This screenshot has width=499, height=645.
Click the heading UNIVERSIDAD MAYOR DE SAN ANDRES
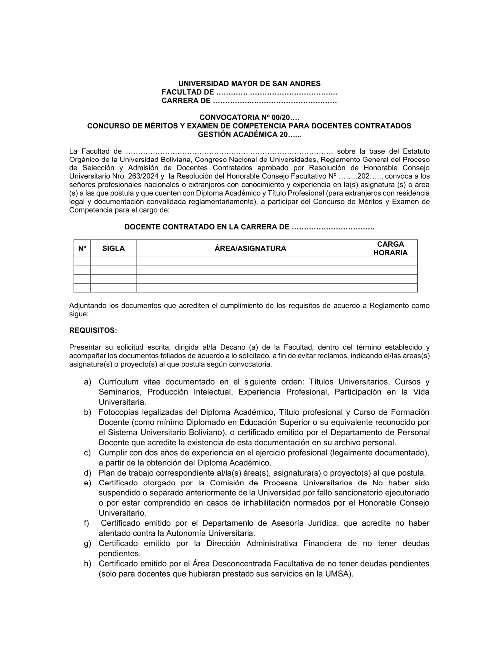[x=249, y=84]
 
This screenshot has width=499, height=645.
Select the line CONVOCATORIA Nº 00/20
[x=249, y=117]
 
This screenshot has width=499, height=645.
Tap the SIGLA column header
[x=113, y=248]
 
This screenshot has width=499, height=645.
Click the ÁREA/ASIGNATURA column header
[x=250, y=248]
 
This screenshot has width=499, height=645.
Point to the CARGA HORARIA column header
[x=390, y=248]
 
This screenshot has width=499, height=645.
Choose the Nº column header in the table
[x=82, y=248]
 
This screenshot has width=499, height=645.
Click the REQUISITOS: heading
[x=93, y=330]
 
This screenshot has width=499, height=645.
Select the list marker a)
[x=87, y=382]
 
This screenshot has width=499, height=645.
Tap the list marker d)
[x=87, y=473]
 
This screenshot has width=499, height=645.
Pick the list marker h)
[x=87, y=563]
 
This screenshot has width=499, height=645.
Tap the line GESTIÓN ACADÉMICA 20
[x=249, y=134]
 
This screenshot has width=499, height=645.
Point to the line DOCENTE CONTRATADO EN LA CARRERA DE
[x=207, y=227]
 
